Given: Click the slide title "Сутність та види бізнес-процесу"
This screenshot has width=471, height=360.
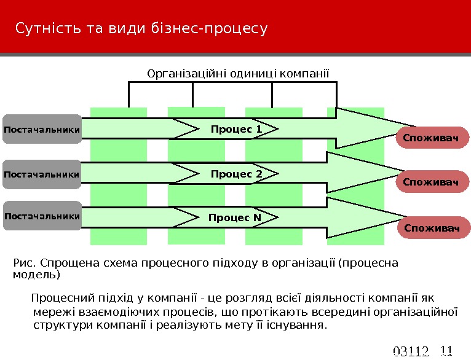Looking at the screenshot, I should point(141,29).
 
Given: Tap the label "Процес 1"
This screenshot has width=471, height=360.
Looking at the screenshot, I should point(236,129).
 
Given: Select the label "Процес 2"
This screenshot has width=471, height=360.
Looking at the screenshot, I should point(236,174).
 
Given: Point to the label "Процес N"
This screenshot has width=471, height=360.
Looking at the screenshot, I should point(235,217).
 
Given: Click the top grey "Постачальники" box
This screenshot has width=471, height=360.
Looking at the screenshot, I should point(42,129).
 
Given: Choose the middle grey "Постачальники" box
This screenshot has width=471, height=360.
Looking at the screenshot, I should point(42,174).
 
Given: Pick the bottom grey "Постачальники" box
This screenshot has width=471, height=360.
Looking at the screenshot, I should point(42,216).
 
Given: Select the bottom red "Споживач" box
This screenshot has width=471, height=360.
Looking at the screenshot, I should point(432,229).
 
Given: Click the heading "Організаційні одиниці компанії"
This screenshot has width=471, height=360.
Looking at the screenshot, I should point(238,74).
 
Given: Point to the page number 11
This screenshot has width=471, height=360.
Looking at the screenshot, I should point(446,351).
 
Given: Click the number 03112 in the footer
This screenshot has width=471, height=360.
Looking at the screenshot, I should point(410,352).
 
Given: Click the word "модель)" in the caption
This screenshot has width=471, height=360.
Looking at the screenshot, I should point(36,275).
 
